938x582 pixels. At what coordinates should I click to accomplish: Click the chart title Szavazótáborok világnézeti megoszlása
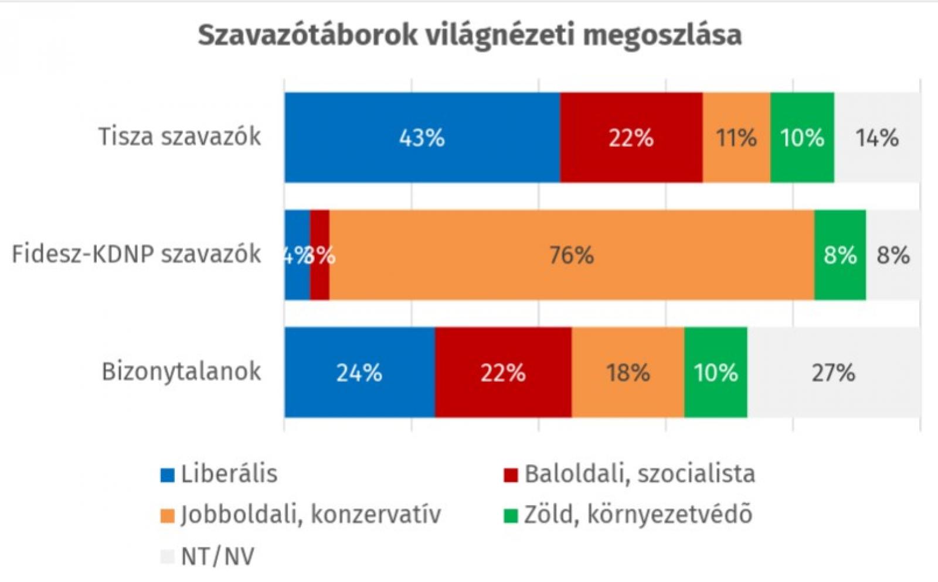[470, 35]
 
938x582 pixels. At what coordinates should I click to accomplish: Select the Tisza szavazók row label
[179, 136]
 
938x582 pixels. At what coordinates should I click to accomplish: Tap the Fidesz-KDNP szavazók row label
[137, 254]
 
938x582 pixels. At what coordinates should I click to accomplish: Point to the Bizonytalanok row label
[181, 372]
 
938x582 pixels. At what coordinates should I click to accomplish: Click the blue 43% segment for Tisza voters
[422, 138]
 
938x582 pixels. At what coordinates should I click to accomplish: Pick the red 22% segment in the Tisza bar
[631, 138]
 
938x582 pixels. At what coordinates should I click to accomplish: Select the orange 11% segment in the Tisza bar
[736, 138]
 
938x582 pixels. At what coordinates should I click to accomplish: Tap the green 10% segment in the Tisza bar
[802, 138]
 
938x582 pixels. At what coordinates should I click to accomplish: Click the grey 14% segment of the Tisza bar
[877, 138]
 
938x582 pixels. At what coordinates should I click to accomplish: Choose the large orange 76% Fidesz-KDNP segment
[572, 255]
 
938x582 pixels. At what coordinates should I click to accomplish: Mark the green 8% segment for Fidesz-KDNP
[840, 255]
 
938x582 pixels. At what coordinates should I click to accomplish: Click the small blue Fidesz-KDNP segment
[297, 255]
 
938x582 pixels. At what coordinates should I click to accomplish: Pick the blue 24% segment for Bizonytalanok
[359, 372]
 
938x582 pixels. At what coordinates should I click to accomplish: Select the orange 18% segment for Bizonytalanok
[628, 372]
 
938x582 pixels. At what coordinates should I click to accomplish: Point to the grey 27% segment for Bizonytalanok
[833, 372]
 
